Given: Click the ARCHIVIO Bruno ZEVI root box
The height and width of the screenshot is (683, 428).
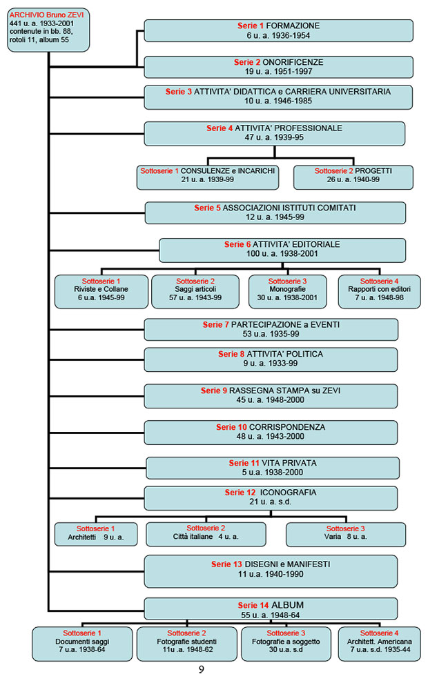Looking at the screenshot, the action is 48,30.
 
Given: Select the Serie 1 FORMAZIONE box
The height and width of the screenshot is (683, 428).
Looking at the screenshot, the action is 278,30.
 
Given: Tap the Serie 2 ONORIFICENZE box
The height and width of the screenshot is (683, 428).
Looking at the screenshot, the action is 278,67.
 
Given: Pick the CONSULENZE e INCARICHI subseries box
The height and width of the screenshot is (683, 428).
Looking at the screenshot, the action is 208,177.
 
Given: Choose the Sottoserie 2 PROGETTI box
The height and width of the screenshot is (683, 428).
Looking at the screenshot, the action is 353,177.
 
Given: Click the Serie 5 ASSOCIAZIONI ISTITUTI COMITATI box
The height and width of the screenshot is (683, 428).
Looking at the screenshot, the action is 275,212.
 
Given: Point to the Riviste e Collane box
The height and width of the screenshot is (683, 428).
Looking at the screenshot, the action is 101,291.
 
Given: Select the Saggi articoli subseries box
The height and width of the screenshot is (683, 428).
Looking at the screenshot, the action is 195,291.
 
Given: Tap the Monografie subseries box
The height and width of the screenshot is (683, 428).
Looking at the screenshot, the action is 287,291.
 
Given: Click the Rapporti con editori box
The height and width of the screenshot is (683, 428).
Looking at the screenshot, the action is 379,291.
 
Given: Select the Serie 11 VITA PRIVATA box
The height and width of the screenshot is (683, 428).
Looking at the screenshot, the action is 273,468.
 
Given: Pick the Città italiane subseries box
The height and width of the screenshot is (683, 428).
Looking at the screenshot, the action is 206,534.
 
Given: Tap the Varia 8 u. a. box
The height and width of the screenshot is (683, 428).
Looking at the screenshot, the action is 346,534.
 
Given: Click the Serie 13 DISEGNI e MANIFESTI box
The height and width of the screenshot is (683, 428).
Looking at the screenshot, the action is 271,571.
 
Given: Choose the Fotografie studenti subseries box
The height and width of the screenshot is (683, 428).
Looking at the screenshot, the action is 186,644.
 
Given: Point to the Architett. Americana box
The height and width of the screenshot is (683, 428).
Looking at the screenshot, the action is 379,644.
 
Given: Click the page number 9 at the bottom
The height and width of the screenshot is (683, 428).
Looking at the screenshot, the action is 202,669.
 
